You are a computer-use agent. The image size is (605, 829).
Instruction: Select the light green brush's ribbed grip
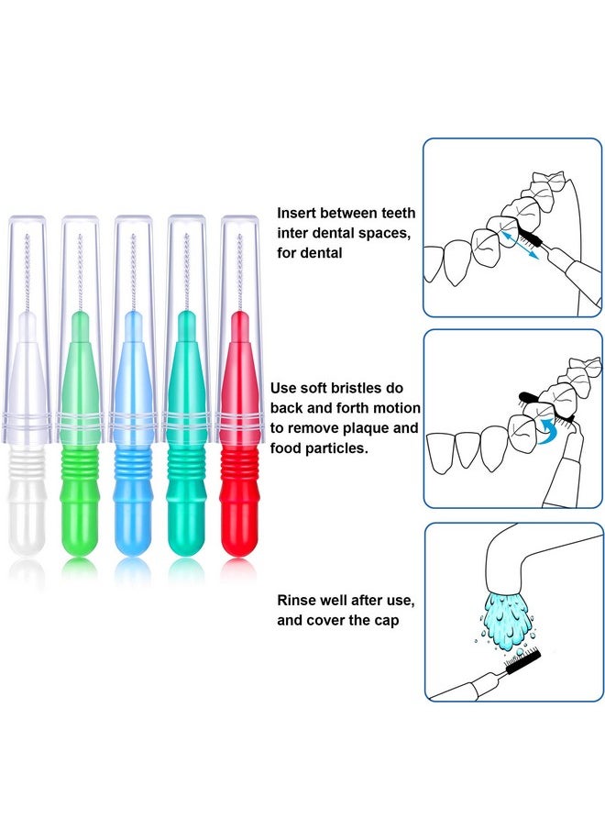(78, 459)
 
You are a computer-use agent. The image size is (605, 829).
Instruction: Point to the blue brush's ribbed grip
(132, 459)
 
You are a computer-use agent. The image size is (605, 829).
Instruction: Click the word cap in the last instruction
(392, 621)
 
